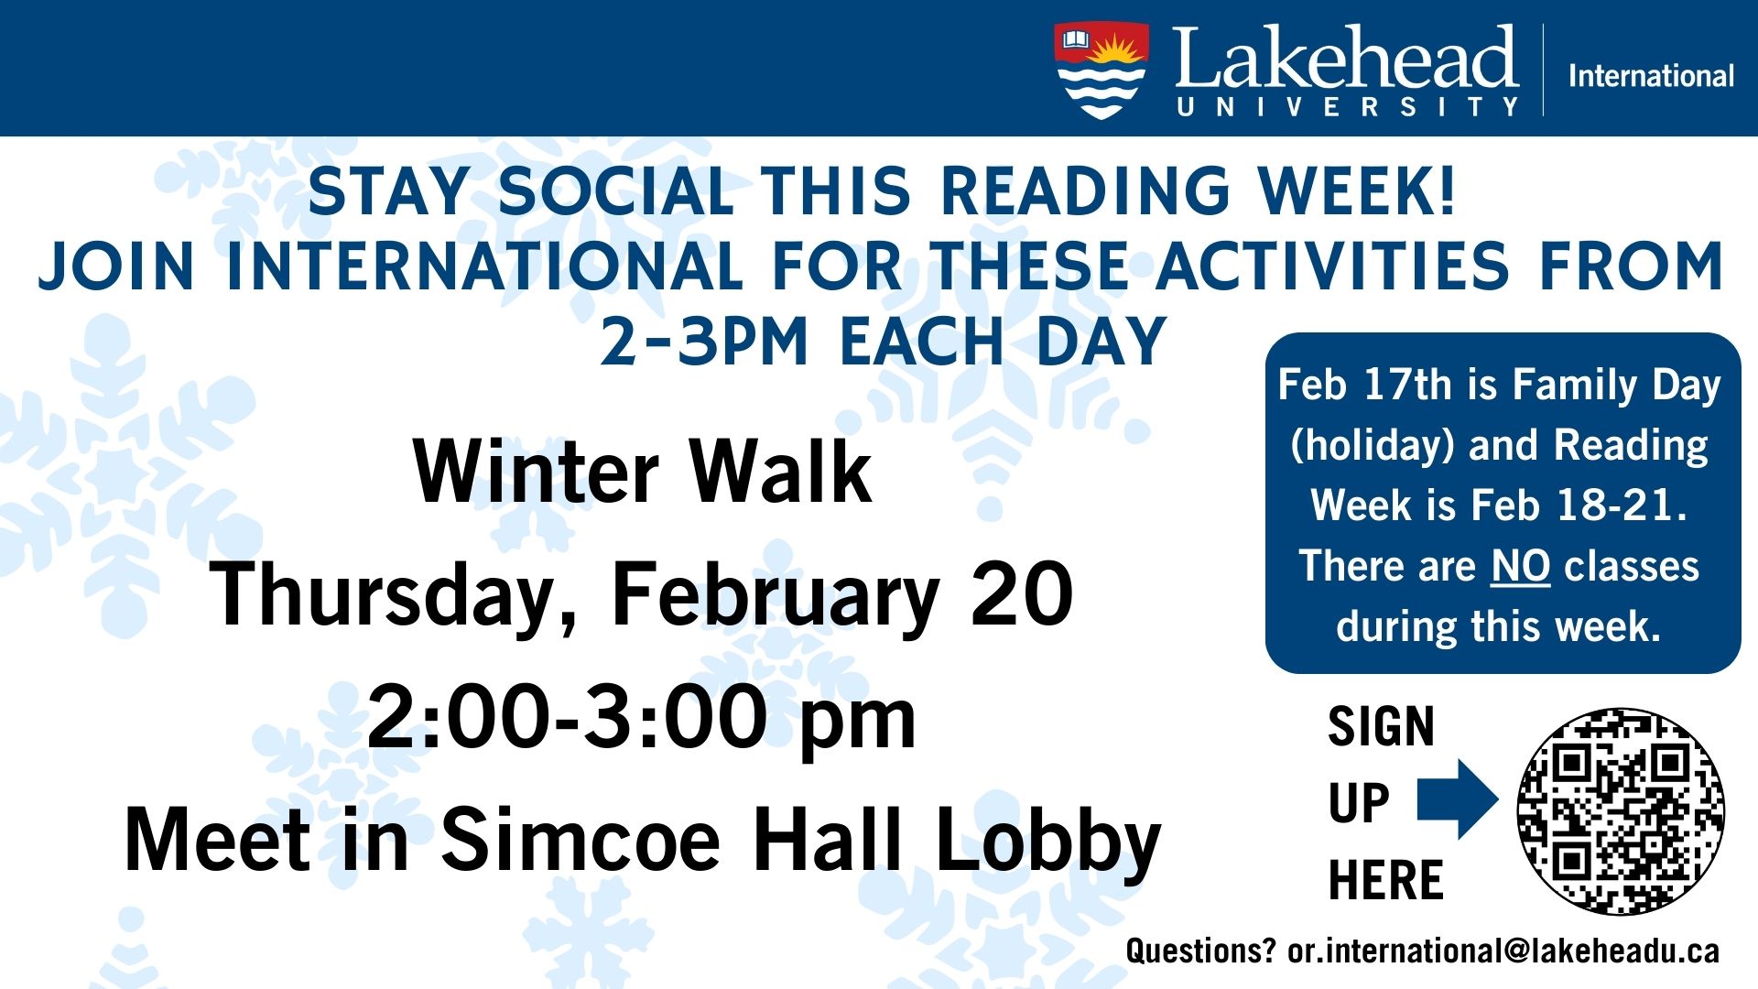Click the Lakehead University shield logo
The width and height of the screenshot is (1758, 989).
tap(1101, 71)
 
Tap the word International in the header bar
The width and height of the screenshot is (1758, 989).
tap(1652, 75)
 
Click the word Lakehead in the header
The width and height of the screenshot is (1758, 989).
tap(1346, 57)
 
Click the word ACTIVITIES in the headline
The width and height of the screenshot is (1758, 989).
tap(1332, 266)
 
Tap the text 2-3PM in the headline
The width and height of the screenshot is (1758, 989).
tap(704, 342)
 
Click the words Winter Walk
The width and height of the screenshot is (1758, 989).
tap(643, 472)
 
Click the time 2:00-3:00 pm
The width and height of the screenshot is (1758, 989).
tap(641, 718)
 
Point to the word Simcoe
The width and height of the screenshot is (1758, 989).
tap(581, 840)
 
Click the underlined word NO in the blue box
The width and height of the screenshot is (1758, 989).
tap(1521, 566)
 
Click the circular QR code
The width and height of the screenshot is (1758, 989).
tap(1621, 810)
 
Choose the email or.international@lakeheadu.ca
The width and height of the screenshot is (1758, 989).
tap(1503, 951)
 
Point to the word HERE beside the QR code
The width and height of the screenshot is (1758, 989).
tap(1385, 880)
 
